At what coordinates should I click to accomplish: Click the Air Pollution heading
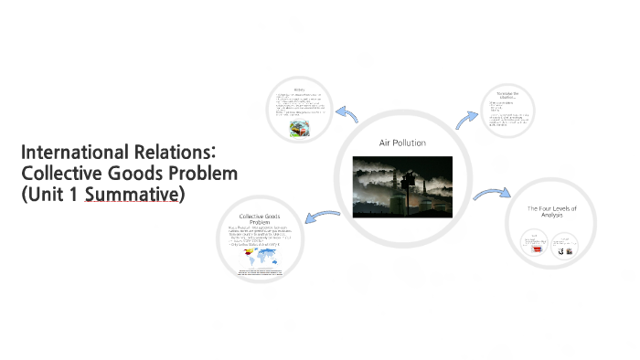click(402, 143)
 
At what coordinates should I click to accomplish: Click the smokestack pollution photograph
click(402, 186)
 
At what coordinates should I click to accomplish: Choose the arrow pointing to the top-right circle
click(467, 118)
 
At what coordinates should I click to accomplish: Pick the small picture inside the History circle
click(298, 130)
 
